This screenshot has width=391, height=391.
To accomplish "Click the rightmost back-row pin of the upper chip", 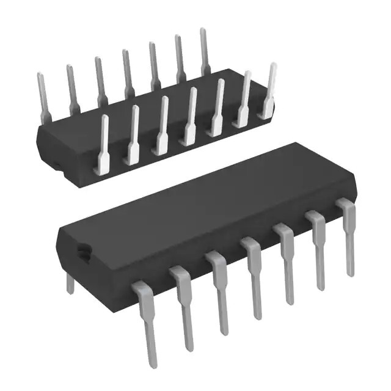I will pyautogui.click(x=205, y=52).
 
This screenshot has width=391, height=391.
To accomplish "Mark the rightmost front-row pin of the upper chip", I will pyautogui.click(x=269, y=92).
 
